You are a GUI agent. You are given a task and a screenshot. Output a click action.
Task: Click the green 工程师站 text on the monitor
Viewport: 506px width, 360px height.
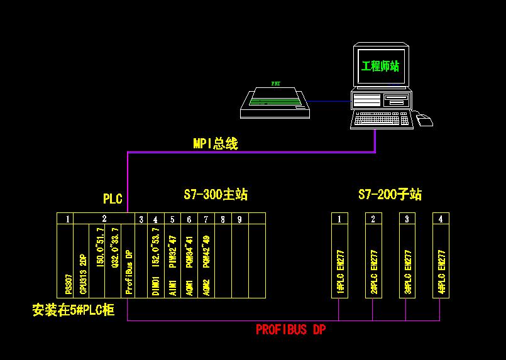380,66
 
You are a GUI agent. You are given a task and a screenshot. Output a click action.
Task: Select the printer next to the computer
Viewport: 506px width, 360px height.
277,101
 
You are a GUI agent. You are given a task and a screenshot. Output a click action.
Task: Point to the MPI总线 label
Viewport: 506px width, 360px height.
216,143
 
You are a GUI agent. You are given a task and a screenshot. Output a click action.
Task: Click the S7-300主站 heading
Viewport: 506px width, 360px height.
216,195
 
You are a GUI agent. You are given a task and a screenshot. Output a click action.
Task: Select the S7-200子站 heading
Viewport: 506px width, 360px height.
390,195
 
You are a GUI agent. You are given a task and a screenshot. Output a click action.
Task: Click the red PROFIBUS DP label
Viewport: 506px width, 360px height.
290,329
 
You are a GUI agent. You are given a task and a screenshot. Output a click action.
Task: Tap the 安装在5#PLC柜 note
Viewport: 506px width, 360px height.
74,310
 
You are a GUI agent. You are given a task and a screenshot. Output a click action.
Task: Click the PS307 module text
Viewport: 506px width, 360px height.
69,285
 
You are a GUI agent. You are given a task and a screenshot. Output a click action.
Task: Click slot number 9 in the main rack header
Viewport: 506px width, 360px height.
239,219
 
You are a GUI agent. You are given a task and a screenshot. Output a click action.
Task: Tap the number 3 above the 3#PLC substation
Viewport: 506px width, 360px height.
407,219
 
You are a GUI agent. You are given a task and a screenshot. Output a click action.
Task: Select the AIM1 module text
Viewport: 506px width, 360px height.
172,288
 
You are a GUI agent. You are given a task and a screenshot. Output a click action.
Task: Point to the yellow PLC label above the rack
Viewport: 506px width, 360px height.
113,199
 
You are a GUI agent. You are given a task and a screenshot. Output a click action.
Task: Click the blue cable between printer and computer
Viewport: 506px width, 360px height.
331,101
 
